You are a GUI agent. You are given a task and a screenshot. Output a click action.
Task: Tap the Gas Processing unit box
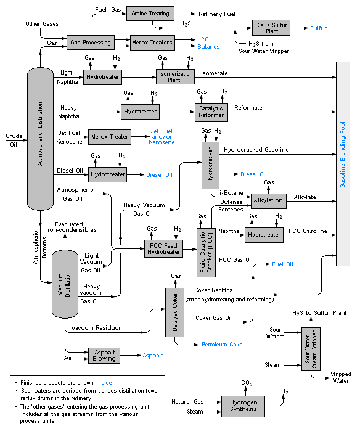click(x=91, y=43)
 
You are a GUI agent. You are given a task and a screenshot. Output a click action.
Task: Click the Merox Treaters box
click(x=152, y=43)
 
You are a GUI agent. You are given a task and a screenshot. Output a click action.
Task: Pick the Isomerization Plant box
click(x=175, y=77)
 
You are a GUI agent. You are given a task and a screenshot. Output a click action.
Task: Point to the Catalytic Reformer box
click(x=211, y=112)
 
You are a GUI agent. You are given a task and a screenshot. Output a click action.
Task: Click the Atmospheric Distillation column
click(x=40, y=139)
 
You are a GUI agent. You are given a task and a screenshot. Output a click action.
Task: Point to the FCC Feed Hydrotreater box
click(x=164, y=248)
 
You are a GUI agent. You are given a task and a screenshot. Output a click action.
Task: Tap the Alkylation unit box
click(x=268, y=200)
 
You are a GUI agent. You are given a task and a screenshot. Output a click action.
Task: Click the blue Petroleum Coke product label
click(x=222, y=344)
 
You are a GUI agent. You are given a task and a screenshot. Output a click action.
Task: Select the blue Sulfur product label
click(x=318, y=28)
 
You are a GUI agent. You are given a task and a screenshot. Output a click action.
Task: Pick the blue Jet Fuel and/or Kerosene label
click(x=162, y=137)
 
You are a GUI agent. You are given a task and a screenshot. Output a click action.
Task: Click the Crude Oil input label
click(x=13, y=140)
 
